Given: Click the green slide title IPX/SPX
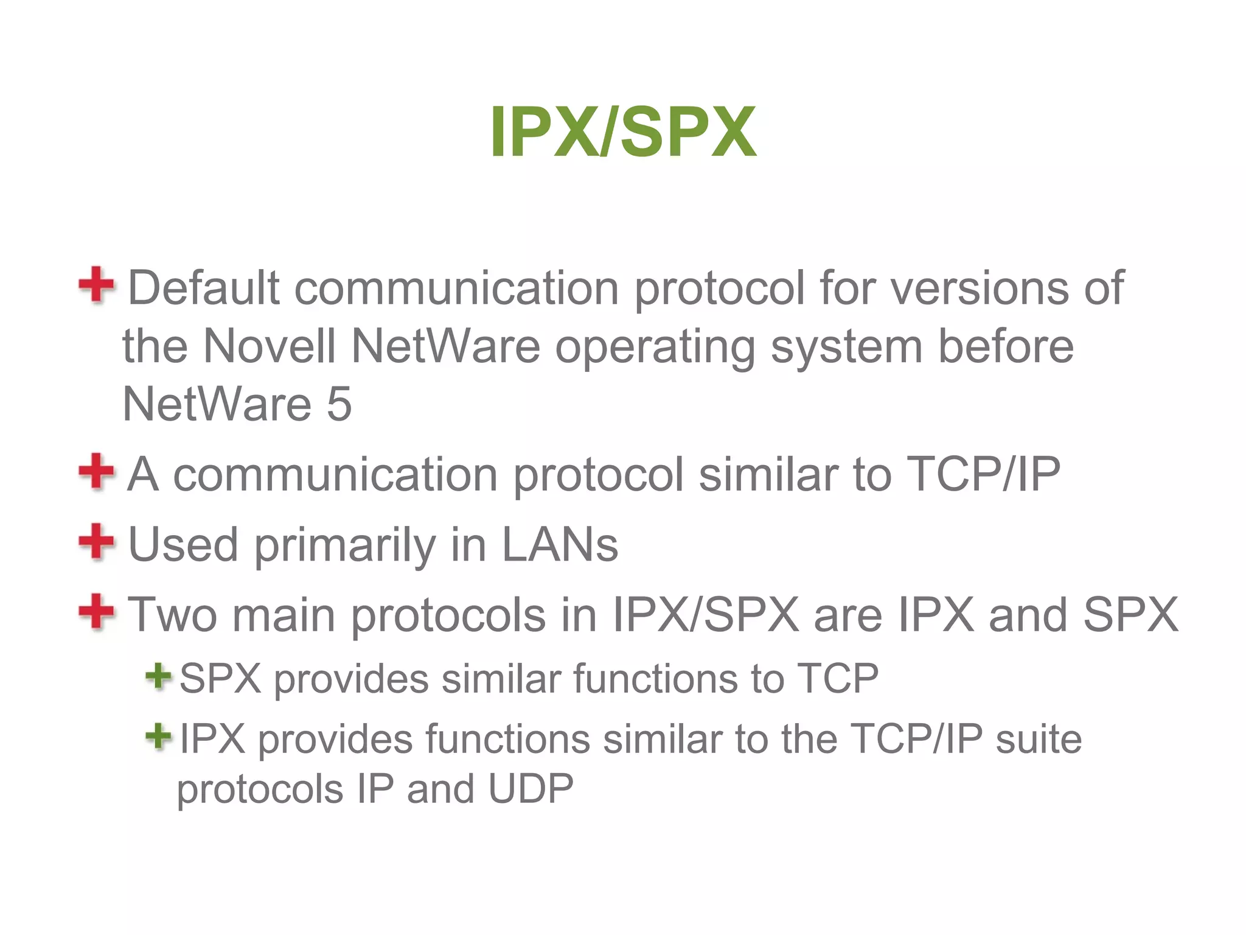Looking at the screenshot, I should click(x=623, y=132).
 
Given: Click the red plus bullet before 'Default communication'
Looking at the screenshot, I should click(x=96, y=285).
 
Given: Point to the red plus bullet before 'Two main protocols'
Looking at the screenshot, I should click(x=96, y=611).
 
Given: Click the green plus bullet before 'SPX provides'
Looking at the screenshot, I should click(x=158, y=676).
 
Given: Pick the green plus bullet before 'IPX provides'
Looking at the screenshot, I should click(x=158, y=737).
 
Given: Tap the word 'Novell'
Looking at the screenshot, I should click(x=269, y=346).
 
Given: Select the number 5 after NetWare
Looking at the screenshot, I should click(x=339, y=404).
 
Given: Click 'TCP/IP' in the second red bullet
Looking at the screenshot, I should click(x=983, y=474).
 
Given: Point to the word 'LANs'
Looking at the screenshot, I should click(x=559, y=544).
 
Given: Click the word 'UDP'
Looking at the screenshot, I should click(x=531, y=790).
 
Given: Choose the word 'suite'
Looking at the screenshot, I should click(x=1039, y=740).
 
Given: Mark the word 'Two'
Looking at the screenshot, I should click(x=172, y=615).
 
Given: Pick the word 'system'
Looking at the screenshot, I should click(x=846, y=347).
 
